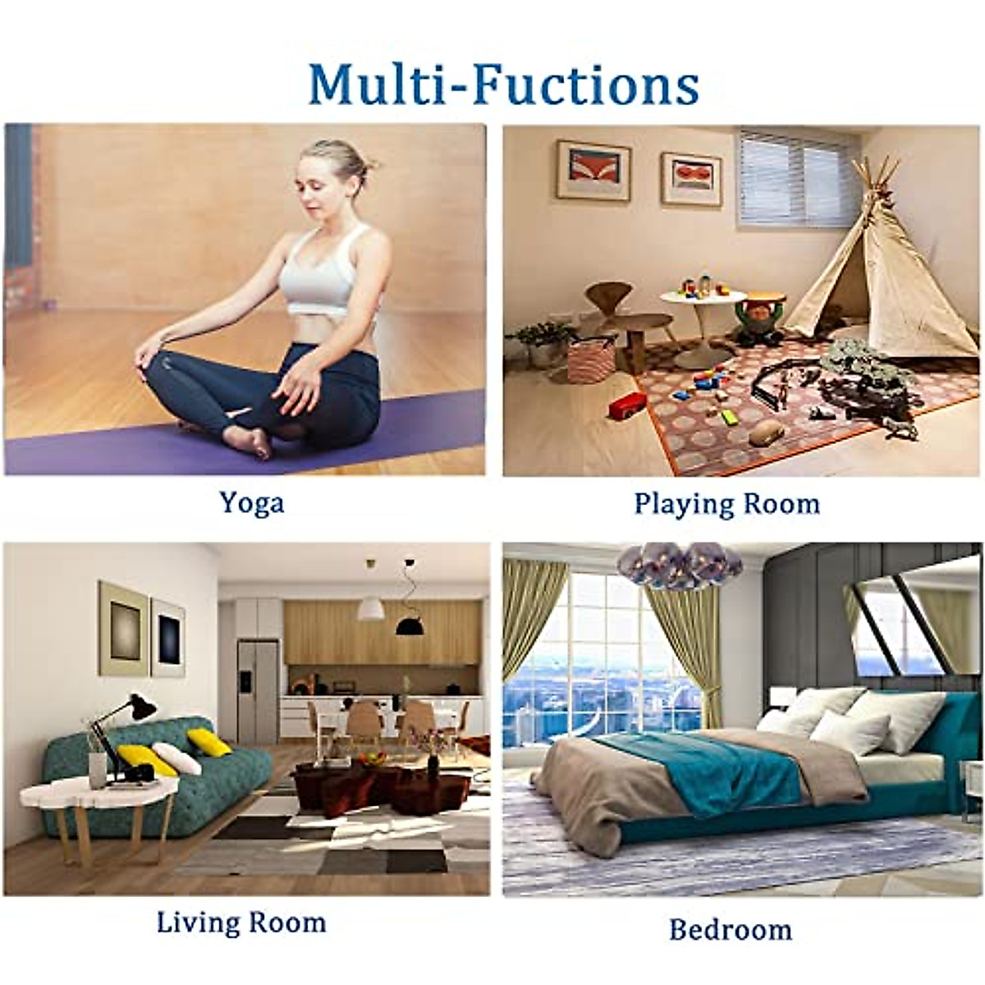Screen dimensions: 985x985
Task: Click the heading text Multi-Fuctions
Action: tap(503, 83)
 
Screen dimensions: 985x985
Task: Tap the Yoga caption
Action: tap(251, 502)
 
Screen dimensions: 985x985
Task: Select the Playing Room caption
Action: tap(726, 503)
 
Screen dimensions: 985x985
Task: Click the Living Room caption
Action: tap(241, 922)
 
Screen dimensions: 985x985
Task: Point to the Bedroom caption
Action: tap(731, 930)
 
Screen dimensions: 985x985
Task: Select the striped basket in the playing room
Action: tap(590, 360)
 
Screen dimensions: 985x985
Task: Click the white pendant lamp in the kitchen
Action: tap(370, 607)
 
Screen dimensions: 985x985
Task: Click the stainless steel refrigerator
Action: tap(258, 689)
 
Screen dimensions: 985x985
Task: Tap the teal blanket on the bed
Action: tap(706, 767)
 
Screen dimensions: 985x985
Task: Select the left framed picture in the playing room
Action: tap(593, 171)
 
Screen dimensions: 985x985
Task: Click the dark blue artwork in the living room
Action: tap(168, 637)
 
